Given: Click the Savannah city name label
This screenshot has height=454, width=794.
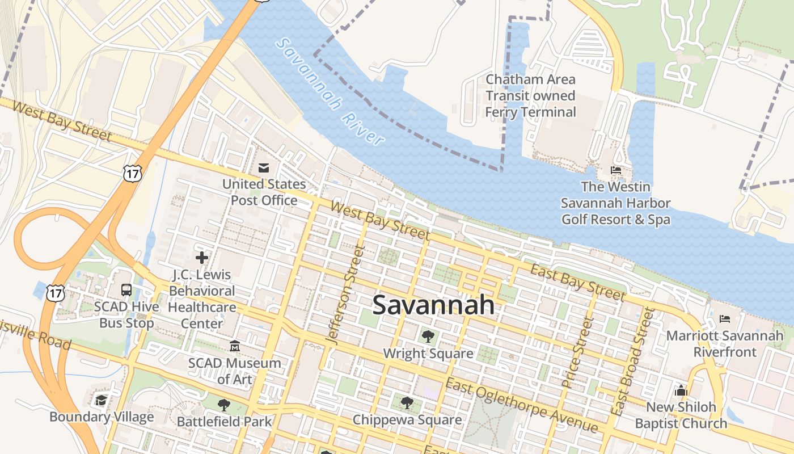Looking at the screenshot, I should [433, 305].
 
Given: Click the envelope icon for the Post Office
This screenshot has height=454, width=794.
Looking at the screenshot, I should [264, 168].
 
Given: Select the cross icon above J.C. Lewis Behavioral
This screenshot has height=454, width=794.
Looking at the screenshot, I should [202, 258].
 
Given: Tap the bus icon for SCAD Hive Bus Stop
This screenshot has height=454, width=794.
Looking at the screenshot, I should [126, 290].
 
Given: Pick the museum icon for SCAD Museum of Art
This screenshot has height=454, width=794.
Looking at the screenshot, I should [235, 346].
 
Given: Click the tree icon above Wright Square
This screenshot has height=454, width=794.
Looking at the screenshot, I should [428, 337].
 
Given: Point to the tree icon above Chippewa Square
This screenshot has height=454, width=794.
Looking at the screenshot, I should [407, 403].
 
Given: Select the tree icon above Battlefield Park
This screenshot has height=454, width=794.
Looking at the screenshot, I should [224, 405].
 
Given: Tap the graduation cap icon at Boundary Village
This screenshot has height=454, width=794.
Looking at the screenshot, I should [102, 401].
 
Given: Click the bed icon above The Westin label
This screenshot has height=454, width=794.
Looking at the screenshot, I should [616, 170].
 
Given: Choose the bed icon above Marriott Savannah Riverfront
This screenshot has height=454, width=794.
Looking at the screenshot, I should [725, 319].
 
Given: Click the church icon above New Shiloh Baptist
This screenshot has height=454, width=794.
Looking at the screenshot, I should [681, 390].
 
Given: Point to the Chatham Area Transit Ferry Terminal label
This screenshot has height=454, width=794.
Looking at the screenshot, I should [530, 96].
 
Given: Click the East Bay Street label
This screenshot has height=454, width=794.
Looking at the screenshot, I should [577, 281].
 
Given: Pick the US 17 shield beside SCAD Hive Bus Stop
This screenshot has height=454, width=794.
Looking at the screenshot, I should [56, 293].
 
